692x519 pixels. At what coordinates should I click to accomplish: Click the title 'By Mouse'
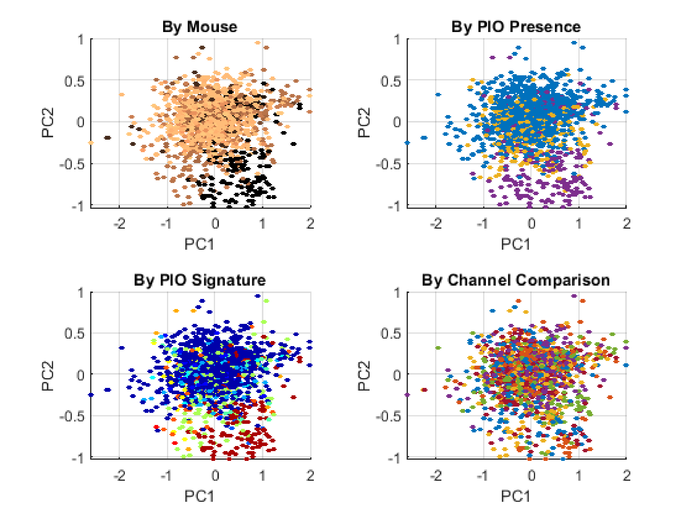click(x=200, y=27)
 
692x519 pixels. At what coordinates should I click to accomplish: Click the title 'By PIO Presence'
click(x=516, y=27)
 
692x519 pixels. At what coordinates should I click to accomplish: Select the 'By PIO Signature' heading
click(x=200, y=280)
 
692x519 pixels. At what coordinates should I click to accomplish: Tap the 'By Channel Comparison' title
click(x=516, y=280)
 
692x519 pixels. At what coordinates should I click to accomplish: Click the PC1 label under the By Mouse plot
click(x=199, y=244)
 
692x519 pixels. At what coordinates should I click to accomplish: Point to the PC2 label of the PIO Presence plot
click(x=364, y=123)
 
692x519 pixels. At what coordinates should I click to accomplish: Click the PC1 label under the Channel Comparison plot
click(x=516, y=497)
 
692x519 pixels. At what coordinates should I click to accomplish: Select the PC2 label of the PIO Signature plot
click(x=47, y=376)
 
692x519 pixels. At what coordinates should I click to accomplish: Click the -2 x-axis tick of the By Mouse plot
click(x=119, y=224)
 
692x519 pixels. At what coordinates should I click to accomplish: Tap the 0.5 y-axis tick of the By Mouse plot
click(x=74, y=82)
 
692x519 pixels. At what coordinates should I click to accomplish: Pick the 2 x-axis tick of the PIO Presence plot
click(x=627, y=224)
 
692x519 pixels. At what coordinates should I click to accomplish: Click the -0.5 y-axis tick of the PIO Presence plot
click(x=388, y=164)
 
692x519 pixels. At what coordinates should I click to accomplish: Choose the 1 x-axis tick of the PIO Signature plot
click(x=263, y=476)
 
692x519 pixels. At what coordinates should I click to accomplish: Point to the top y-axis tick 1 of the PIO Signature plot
click(x=81, y=293)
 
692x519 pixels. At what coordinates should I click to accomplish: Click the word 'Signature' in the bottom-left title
click(x=229, y=280)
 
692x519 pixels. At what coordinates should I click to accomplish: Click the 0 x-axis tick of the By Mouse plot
click(x=215, y=224)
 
